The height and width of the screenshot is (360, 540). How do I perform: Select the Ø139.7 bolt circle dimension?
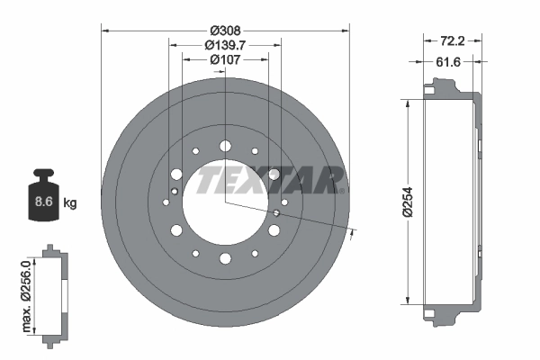(x=224, y=44)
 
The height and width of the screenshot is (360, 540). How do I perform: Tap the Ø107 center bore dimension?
(x=224, y=60)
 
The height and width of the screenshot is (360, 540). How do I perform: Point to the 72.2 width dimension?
(x=452, y=41)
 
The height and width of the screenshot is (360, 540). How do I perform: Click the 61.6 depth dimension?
(x=452, y=62)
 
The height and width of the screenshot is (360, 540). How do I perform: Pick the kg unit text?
(x=70, y=203)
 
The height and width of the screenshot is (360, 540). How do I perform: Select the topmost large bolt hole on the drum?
(x=224, y=144)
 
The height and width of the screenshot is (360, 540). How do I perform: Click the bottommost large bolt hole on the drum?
(x=224, y=258)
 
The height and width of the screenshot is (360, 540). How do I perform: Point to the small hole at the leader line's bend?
(x=274, y=213)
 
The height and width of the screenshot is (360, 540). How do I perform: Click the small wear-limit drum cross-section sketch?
(x=54, y=292)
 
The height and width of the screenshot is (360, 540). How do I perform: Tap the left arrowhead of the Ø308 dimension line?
(x=105, y=31)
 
